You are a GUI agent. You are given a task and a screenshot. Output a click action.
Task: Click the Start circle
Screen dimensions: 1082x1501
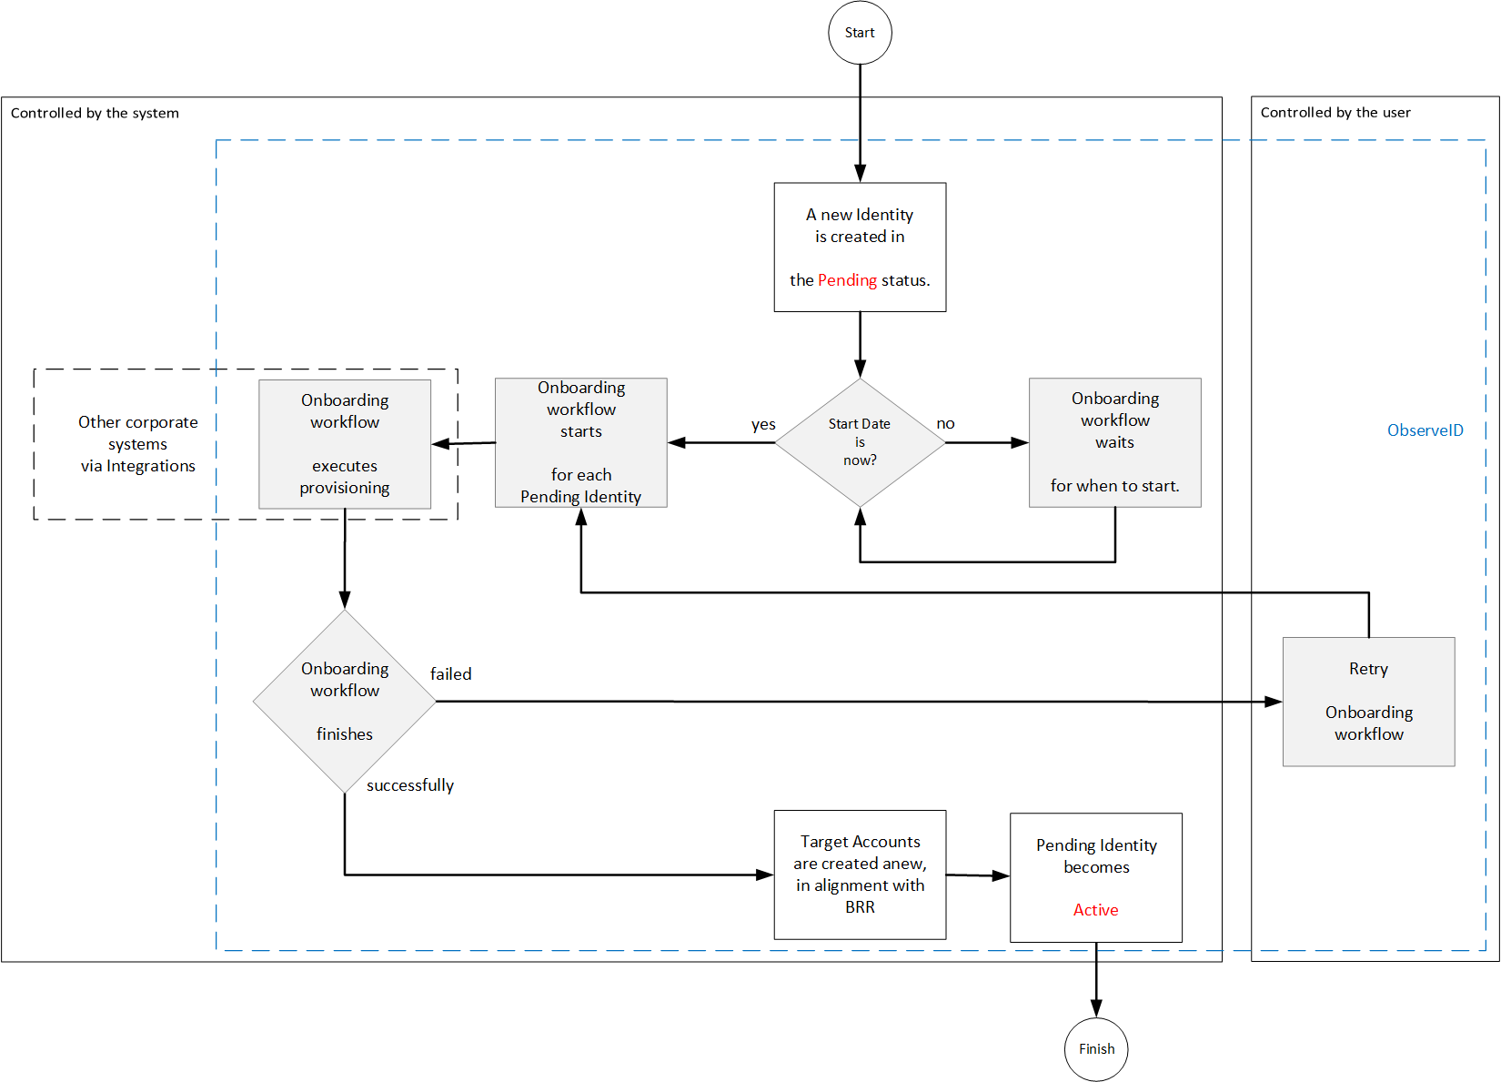point(860,33)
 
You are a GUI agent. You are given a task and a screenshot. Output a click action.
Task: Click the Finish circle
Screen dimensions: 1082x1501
point(1096,1049)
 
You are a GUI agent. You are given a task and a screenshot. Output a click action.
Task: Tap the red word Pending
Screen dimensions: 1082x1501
point(847,280)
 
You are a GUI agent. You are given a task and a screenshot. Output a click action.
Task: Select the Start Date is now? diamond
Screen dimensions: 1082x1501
point(860,442)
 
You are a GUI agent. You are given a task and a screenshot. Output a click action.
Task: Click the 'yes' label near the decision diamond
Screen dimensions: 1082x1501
point(763,424)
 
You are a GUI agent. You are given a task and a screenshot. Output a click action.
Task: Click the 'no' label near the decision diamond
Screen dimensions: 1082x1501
point(945,423)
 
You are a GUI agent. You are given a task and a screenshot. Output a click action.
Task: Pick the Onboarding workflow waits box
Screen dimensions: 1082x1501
point(1114,442)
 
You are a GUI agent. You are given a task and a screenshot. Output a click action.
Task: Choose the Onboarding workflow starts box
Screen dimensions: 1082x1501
point(580,442)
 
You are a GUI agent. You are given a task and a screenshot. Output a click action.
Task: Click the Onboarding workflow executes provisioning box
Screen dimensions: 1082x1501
point(345,443)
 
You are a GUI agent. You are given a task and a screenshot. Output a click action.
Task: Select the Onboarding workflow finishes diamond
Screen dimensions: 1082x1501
point(345,701)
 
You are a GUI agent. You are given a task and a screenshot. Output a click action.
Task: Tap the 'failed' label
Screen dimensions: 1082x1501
point(450,674)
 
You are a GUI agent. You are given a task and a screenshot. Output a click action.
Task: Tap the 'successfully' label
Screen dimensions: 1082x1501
point(409,785)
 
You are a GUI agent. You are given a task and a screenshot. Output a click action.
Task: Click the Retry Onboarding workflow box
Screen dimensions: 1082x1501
point(1368,701)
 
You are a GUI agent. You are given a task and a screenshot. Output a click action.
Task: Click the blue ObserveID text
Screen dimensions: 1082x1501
point(1425,430)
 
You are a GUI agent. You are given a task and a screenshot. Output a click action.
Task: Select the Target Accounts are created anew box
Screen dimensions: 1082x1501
point(860,874)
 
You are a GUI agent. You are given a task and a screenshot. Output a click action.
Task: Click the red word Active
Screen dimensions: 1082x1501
point(1095,910)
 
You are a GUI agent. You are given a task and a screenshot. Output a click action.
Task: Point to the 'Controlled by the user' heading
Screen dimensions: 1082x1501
point(1335,113)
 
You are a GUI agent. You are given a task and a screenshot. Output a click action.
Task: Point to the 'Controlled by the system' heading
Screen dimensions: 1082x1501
point(95,113)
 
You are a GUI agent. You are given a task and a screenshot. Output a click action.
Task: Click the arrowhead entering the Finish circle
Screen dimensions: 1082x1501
point(1096,1008)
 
